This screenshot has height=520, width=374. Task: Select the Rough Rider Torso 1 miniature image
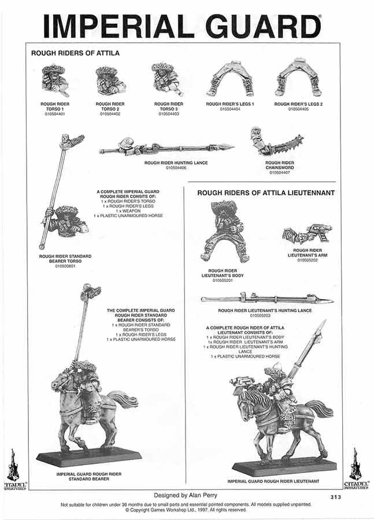point(55,80)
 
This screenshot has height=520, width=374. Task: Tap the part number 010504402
point(110,114)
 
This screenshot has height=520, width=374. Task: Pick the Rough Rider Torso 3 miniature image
point(168,79)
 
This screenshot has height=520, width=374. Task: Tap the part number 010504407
point(280,172)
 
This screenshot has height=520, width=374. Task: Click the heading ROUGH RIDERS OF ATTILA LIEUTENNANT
point(266,193)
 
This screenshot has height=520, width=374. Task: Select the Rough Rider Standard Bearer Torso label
point(65,258)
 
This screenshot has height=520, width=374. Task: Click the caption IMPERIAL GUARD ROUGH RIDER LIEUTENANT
point(273,481)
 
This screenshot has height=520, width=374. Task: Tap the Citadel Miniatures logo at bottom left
point(15,468)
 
